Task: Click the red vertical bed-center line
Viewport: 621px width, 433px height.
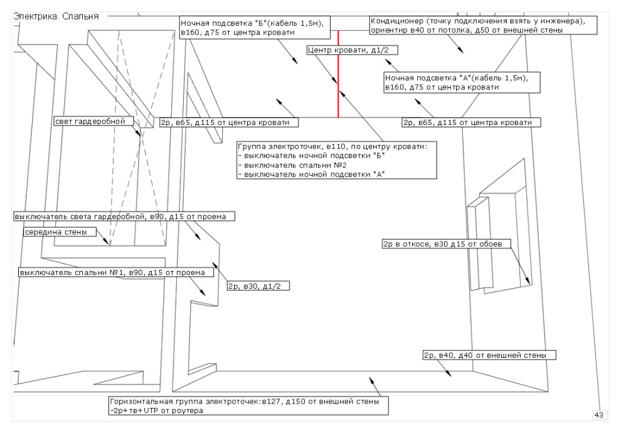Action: tap(338, 75)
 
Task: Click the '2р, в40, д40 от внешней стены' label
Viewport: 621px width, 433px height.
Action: tap(485, 355)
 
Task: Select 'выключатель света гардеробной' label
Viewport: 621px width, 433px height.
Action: tap(124, 216)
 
